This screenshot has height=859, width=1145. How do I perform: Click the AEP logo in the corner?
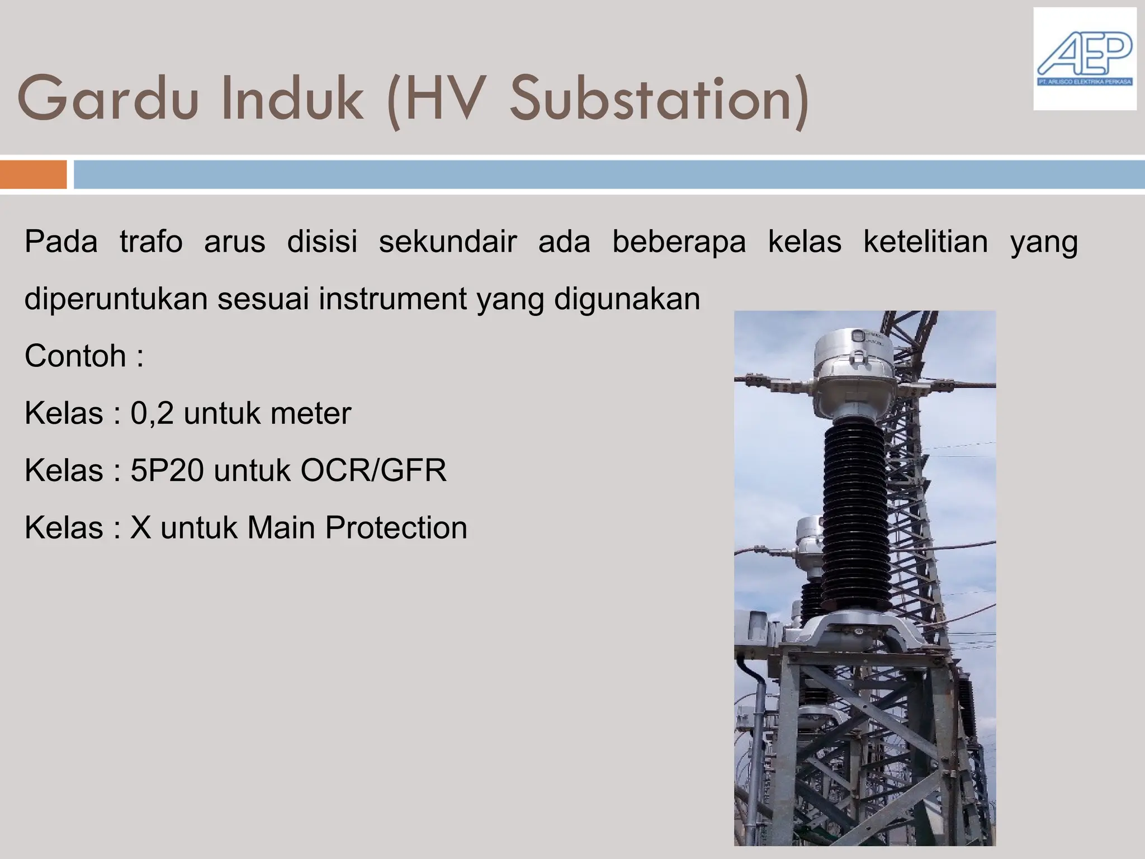pyautogui.click(x=1084, y=59)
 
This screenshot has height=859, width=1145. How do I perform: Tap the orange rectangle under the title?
pyautogui.click(x=33, y=174)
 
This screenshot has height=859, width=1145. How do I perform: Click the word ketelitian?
pyautogui.click(x=925, y=242)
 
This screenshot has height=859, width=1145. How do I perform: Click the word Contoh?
pyautogui.click(x=75, y=356)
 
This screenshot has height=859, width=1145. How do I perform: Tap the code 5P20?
pyautogui.click(x=167, y=470)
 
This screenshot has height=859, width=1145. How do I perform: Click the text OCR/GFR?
pyautogui.click(x=373, y=470)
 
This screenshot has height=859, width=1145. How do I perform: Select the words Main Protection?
pyautogui.click(x=357, y=527)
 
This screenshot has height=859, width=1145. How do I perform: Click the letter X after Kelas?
pyautogui.click(x=141, y=527)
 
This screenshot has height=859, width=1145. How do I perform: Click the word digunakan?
pyautogui.click(x=627, y=299)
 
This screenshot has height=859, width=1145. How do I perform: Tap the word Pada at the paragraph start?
pyautogui.click(x=61, y=242)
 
